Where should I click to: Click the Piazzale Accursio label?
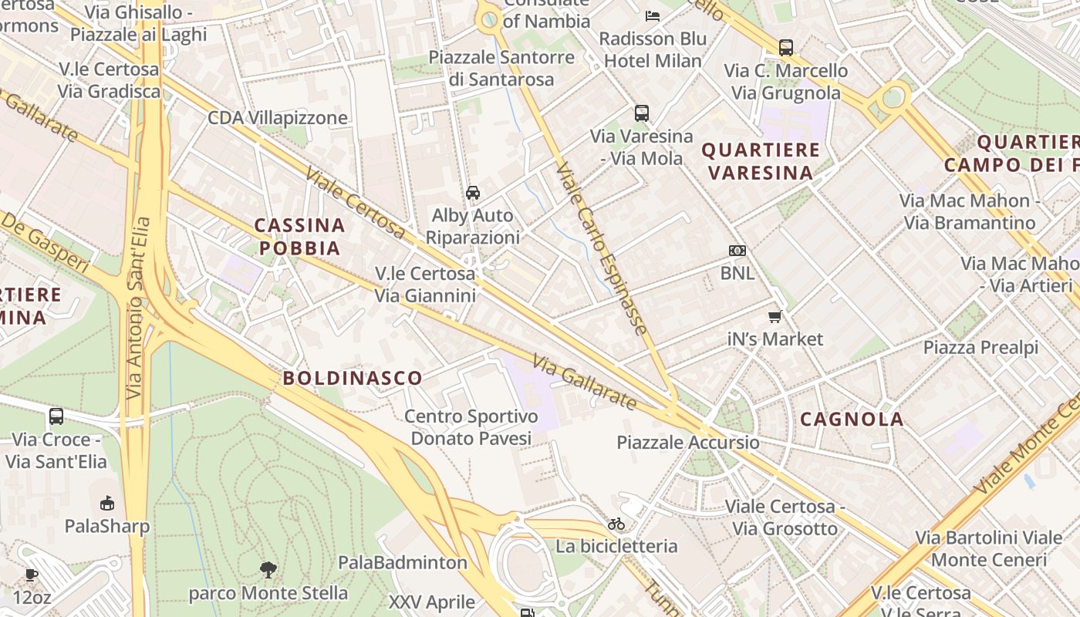687,443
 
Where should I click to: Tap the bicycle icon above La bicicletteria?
616,524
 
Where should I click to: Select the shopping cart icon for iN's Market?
775,317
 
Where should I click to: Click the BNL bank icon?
737,251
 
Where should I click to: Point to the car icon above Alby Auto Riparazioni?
473,193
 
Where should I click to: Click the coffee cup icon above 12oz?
31,575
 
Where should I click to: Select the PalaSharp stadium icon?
107,504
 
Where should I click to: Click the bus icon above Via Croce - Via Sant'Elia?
56,416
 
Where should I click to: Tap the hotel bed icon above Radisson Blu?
653,15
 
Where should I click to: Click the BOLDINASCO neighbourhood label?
353,378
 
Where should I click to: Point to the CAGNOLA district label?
852,419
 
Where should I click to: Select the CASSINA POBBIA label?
299,237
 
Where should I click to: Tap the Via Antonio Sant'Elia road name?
137,308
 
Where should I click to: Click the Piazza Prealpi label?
980,347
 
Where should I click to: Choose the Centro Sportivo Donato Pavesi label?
471,427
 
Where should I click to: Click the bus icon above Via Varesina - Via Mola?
642,113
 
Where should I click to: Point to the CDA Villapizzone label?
278,118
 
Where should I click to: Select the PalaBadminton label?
403,562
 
